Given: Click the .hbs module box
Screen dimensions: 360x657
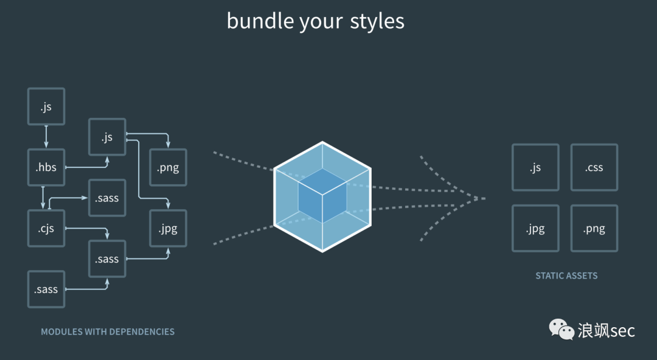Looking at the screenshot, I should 46,167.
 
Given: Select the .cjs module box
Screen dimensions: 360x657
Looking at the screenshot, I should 46,229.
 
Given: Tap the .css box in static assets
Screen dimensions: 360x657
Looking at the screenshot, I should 594,167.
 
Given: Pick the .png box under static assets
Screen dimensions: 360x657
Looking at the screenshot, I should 594,229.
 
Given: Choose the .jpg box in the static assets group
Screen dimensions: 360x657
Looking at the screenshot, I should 535,229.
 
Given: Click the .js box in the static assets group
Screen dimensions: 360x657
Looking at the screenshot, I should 535,167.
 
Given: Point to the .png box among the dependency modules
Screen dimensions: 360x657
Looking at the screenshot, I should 168,167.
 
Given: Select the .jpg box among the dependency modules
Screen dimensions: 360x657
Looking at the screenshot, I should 168,229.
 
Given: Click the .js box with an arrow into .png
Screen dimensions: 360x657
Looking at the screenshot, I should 107,137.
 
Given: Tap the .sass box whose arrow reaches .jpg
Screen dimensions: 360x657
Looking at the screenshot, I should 107,259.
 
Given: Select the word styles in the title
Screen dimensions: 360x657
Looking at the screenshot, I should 377,21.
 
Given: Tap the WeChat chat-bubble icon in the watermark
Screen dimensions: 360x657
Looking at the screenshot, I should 561,329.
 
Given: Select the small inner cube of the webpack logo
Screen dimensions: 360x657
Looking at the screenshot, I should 322,196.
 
